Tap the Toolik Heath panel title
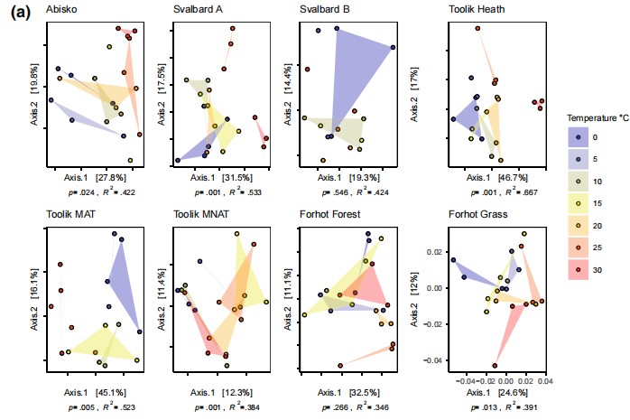click(x=480, y=10)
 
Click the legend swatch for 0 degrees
click(x=578, y=136)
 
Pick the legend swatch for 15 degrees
click(x=578, y=202)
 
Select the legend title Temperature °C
click(x=596, y=118)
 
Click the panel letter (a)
click(x=19, y=12)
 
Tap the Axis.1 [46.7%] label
click(x=495, y=179)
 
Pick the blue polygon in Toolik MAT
click(x=121, y=275)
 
